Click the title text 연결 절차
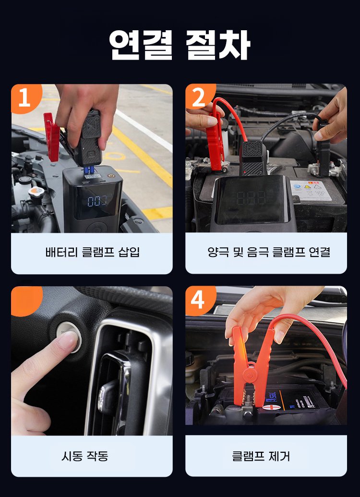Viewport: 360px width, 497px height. click(x=180, y=45)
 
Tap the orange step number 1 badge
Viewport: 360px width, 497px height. click(x=25, y=98)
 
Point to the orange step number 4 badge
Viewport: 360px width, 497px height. click(x=199, y=300)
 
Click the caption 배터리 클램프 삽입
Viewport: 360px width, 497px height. click(x=92, y=252)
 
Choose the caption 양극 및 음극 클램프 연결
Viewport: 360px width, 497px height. click(x=269, y=252)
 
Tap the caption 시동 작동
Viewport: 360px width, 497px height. click(x=84, y=456)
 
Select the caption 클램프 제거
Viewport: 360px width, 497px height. click(x=261, y=456)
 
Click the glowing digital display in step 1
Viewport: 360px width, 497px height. click(x=99, y=201)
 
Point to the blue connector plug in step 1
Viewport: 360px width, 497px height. click(x=90, y=170)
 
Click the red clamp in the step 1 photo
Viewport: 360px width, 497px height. click(x=52, y=136)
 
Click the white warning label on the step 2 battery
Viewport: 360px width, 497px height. click(x=311, y=190)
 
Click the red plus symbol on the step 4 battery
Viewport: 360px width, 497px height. click(x=270, y=408)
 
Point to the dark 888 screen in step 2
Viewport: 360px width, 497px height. click(x=252, y=198)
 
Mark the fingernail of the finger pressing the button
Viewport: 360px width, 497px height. click(x=68, y=340)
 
